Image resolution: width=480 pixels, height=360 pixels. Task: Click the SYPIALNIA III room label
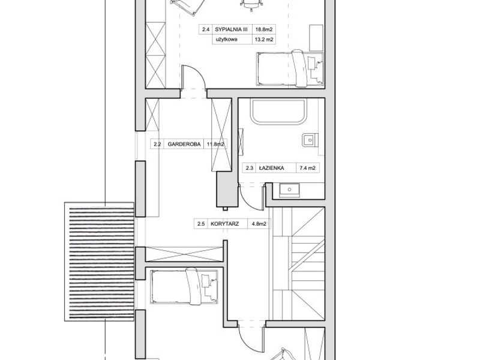(x=231, y=29)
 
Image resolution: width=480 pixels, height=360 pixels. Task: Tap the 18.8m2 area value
(x=264, y=29)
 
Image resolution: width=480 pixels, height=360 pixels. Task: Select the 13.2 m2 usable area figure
(x=264, y=39)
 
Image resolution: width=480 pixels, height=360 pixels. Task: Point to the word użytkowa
(x=226, y=39)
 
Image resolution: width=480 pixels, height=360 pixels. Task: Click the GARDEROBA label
(x=184, y=144)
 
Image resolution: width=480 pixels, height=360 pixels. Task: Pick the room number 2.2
(x=157, y=144)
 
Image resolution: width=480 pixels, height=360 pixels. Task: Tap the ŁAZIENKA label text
(x=272, y=168)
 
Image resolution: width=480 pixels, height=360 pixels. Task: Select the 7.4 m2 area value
(x=307, y=168)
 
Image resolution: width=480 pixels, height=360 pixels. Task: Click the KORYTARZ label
(x=224, y=224)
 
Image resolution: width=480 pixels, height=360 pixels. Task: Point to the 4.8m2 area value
(x=259, y=224)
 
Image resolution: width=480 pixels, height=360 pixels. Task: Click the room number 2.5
(x=201, y=224)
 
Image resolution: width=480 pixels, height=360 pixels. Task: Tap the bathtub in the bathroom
(x=278, y=112)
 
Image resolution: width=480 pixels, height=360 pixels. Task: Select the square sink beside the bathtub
(x=310, y=140)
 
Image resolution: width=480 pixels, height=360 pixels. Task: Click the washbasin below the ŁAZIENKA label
(x=289, y=190)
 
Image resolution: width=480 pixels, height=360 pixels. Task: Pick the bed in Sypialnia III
(x=290, y=68)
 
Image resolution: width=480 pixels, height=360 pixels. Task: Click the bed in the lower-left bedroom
(x=184, y=287)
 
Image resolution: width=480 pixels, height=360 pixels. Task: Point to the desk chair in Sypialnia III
(x=251, y=4)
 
